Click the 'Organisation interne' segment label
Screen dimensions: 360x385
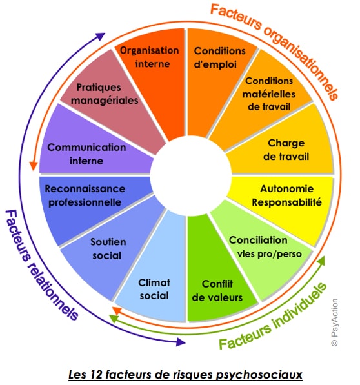tap(150, 57)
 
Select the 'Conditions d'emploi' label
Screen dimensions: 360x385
tap(219, 57)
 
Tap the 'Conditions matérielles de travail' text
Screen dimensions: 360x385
tap(269, 94)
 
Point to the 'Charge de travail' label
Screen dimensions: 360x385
tap(286, 150)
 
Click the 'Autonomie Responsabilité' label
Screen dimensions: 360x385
tap(286, 195)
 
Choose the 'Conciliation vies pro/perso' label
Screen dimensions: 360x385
tap(265, 247)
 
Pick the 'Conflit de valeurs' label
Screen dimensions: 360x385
tap(217, 291)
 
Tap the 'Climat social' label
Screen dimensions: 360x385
tap(154, 289)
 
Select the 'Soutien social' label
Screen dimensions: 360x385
tap(108, 248)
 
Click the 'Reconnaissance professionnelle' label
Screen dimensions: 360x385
tap(85, 195)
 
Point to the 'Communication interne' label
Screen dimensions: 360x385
tap(86, 154)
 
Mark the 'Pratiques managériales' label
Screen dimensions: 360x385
tap(105, 94)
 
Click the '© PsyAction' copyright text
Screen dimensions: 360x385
tap(334, 322)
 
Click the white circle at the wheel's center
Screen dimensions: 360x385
tap(191, 175)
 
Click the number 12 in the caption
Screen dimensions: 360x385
tap(96, 375)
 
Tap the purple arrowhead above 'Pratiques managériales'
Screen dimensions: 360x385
tap(101, 36)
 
